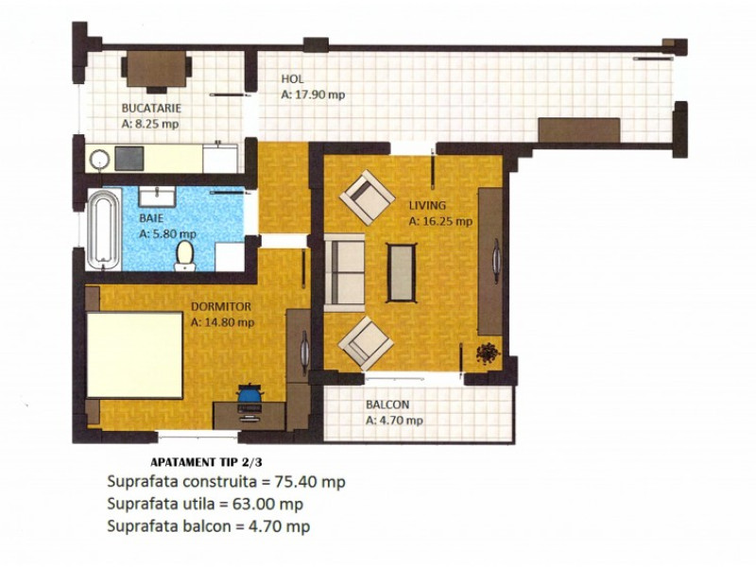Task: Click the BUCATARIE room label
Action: pyautogui.click(x=150, y=108)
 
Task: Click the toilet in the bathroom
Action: pyautogui.click(x=185, y=253)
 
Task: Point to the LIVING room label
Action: pyautogui.click(x=427, y=205)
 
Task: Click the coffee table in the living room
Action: pyautogui.click(x=401, y=273)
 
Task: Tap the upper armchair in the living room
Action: pyautogui.click(x=368, y=197)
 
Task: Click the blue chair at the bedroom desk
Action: pyautogui.click(x=249, y=392)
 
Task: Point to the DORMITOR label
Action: pyautogui.click(x=220, y=307)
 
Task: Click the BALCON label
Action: pyautogui.click(x=387, y=406)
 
